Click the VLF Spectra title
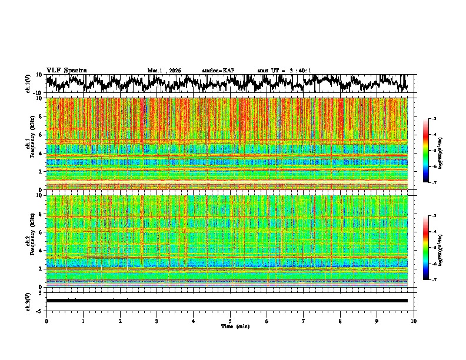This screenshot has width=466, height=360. (66, 70)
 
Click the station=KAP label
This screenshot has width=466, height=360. (218, 71)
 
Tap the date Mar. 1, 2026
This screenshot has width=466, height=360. (164, 71)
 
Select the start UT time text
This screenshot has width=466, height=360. (284, 71)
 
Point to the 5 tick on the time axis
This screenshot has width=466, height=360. (230, 321)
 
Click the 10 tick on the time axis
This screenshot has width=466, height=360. (414, 321)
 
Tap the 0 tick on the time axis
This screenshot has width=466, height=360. (46, 321)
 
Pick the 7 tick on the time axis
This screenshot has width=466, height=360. (304, 321)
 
